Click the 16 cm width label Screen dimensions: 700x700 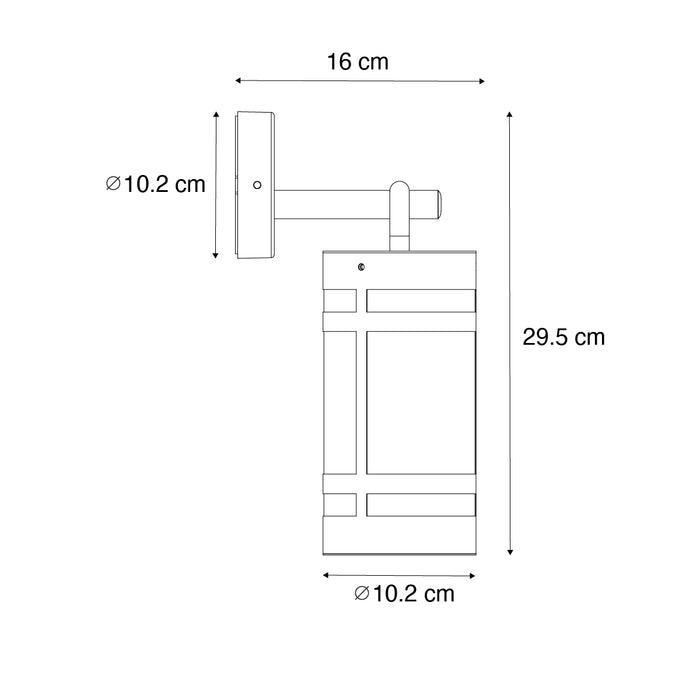(x=357, y=62)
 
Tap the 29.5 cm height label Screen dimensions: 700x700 (x=563, y=337)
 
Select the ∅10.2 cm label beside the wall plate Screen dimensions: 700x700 (x=155, y=184)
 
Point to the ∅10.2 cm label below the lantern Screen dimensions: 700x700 (x=404, y=594)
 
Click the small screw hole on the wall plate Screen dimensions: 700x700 (x=257, y=185)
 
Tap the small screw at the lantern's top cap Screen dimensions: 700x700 (x=360, y=266)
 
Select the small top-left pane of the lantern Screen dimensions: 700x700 (x=340, y=301)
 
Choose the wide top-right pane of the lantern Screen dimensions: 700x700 (x=420, y=301)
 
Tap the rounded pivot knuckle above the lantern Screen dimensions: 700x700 (x=399, y=192)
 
